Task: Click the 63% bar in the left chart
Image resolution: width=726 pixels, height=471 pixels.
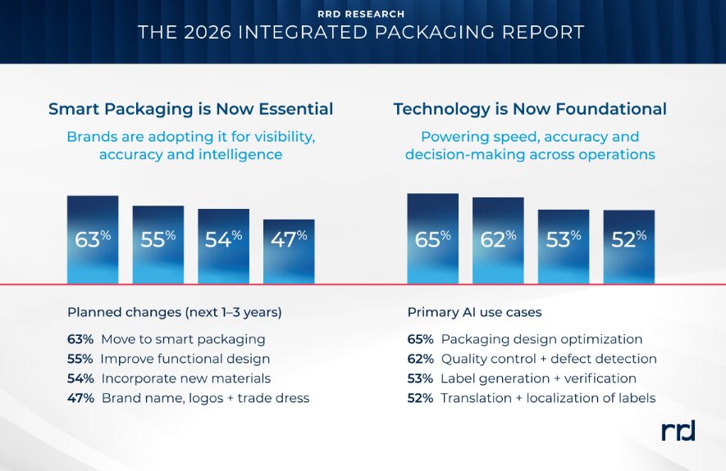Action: point(93,239)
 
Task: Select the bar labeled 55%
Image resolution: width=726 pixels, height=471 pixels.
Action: point(158,245)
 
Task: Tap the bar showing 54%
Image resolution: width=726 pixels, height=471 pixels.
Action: point(224,247)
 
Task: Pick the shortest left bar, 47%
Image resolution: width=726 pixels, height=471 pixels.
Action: point(289,251)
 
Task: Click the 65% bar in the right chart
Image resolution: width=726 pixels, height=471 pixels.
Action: point(433,238)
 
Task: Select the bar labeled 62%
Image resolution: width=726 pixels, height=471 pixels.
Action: point(498,240)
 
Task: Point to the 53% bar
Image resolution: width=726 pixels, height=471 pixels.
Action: point(564,247)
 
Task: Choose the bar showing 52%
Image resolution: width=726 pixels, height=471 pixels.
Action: point(628,247)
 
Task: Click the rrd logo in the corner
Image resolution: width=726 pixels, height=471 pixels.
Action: point(678,431)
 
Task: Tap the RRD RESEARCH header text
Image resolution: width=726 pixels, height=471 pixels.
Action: point(361,14)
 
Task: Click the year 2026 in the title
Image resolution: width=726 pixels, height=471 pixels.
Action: point(208,32)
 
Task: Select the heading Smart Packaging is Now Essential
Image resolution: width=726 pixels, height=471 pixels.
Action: point(191,109)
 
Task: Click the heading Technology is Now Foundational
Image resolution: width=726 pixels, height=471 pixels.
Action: point(530,109)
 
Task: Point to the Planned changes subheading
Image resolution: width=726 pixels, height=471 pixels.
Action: point(175,312)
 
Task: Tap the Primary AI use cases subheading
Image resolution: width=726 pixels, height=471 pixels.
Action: point(475,312)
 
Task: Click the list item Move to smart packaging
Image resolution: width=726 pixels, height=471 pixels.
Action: point(184,339)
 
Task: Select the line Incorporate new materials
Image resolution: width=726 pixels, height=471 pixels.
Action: point(186,378)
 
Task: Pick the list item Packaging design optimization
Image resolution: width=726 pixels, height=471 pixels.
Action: point(541,339)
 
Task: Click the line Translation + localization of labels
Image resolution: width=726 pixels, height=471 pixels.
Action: point(548,398)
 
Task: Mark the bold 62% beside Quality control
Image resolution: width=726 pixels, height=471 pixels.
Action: point(420,359)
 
